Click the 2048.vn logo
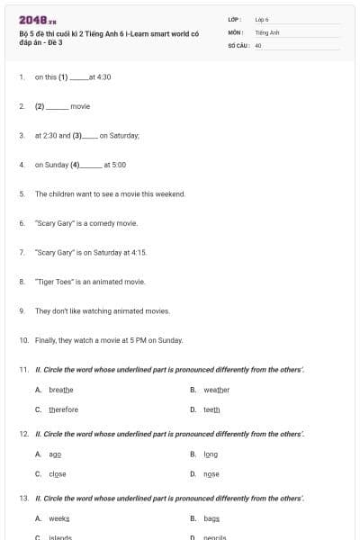[38, 20]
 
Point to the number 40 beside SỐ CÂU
[258, 44]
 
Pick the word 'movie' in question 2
[80, 106]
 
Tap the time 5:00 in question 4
[119, 165]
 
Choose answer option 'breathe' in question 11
[60, 390]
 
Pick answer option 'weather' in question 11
[217, 390]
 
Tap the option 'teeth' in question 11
[211, 409]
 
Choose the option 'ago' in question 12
[55, 454]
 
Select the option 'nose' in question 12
[211, 474]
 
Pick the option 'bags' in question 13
[211, 519]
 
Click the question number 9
[21, 310]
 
